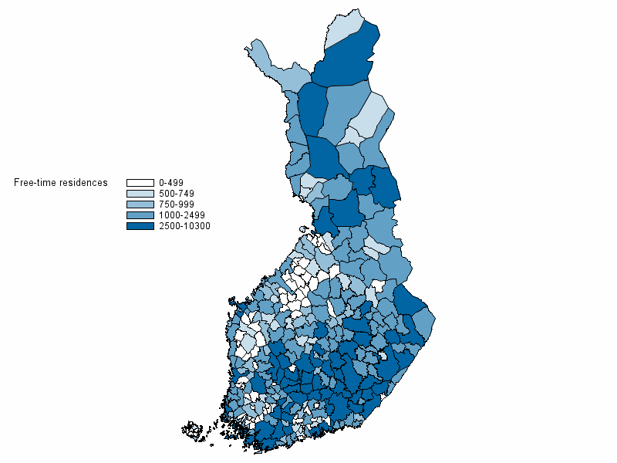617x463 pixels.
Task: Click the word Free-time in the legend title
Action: click(x=33, y=183)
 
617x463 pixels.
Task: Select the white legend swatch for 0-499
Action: click(x=140, y=182)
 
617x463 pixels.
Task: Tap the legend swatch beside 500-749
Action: click(x=140, y=193)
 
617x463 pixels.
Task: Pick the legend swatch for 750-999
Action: click(x=140, y=204)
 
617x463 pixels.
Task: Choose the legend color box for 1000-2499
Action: click(x=140, y=215)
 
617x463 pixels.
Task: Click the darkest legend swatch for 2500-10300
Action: click(x=140, y=226)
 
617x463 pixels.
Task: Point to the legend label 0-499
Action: click(x=170, y=182)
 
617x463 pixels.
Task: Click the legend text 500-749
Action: click(x=176, y=193)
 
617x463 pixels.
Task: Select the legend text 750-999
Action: click(x=176, y=204)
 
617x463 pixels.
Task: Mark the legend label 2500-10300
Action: click(x=184, y=226)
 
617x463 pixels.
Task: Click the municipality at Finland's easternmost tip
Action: click(x=427, y=324)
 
